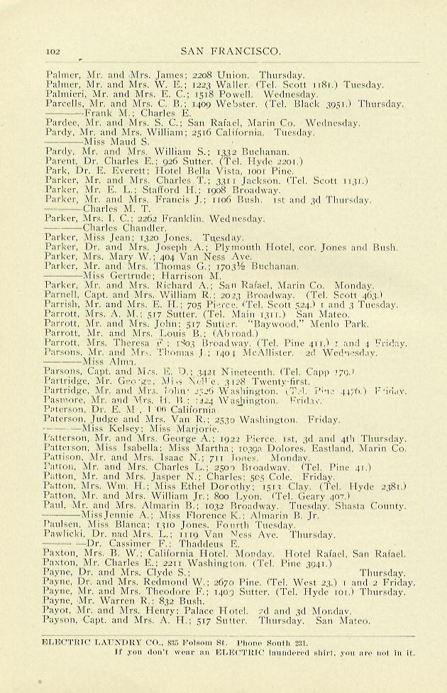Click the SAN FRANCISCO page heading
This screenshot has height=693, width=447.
click(231, 50)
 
